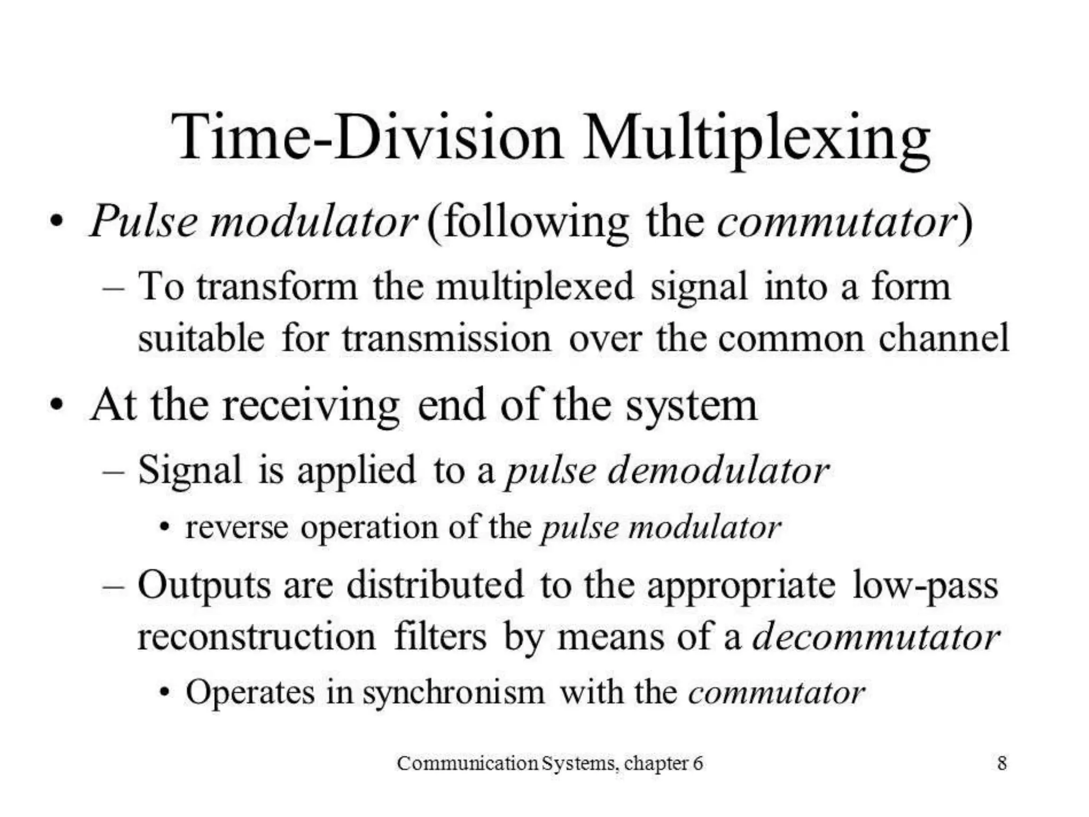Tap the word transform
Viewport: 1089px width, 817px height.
pos(277,287)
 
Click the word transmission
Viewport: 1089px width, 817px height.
pos(447,338)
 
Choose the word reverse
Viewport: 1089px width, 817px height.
pos(237,528)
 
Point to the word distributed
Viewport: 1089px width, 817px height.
pos(435,585)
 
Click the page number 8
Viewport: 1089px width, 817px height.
pos(1002,763)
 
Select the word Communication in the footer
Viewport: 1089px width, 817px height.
pos(468,763)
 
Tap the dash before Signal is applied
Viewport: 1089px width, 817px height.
pos(113,471)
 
